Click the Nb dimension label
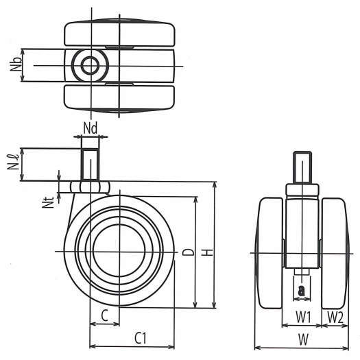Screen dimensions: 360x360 click(16, 64)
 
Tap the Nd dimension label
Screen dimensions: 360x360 click(91, 128)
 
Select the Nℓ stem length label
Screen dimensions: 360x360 click(13, 162)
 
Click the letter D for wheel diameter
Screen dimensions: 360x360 click(188, 252)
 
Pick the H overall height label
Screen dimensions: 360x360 click(208, 252)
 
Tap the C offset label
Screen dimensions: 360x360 click(104, 315)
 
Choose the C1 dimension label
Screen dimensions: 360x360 click(141, 338)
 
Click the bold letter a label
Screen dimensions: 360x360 click(301, 291)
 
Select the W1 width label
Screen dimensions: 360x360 click(303, 317)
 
